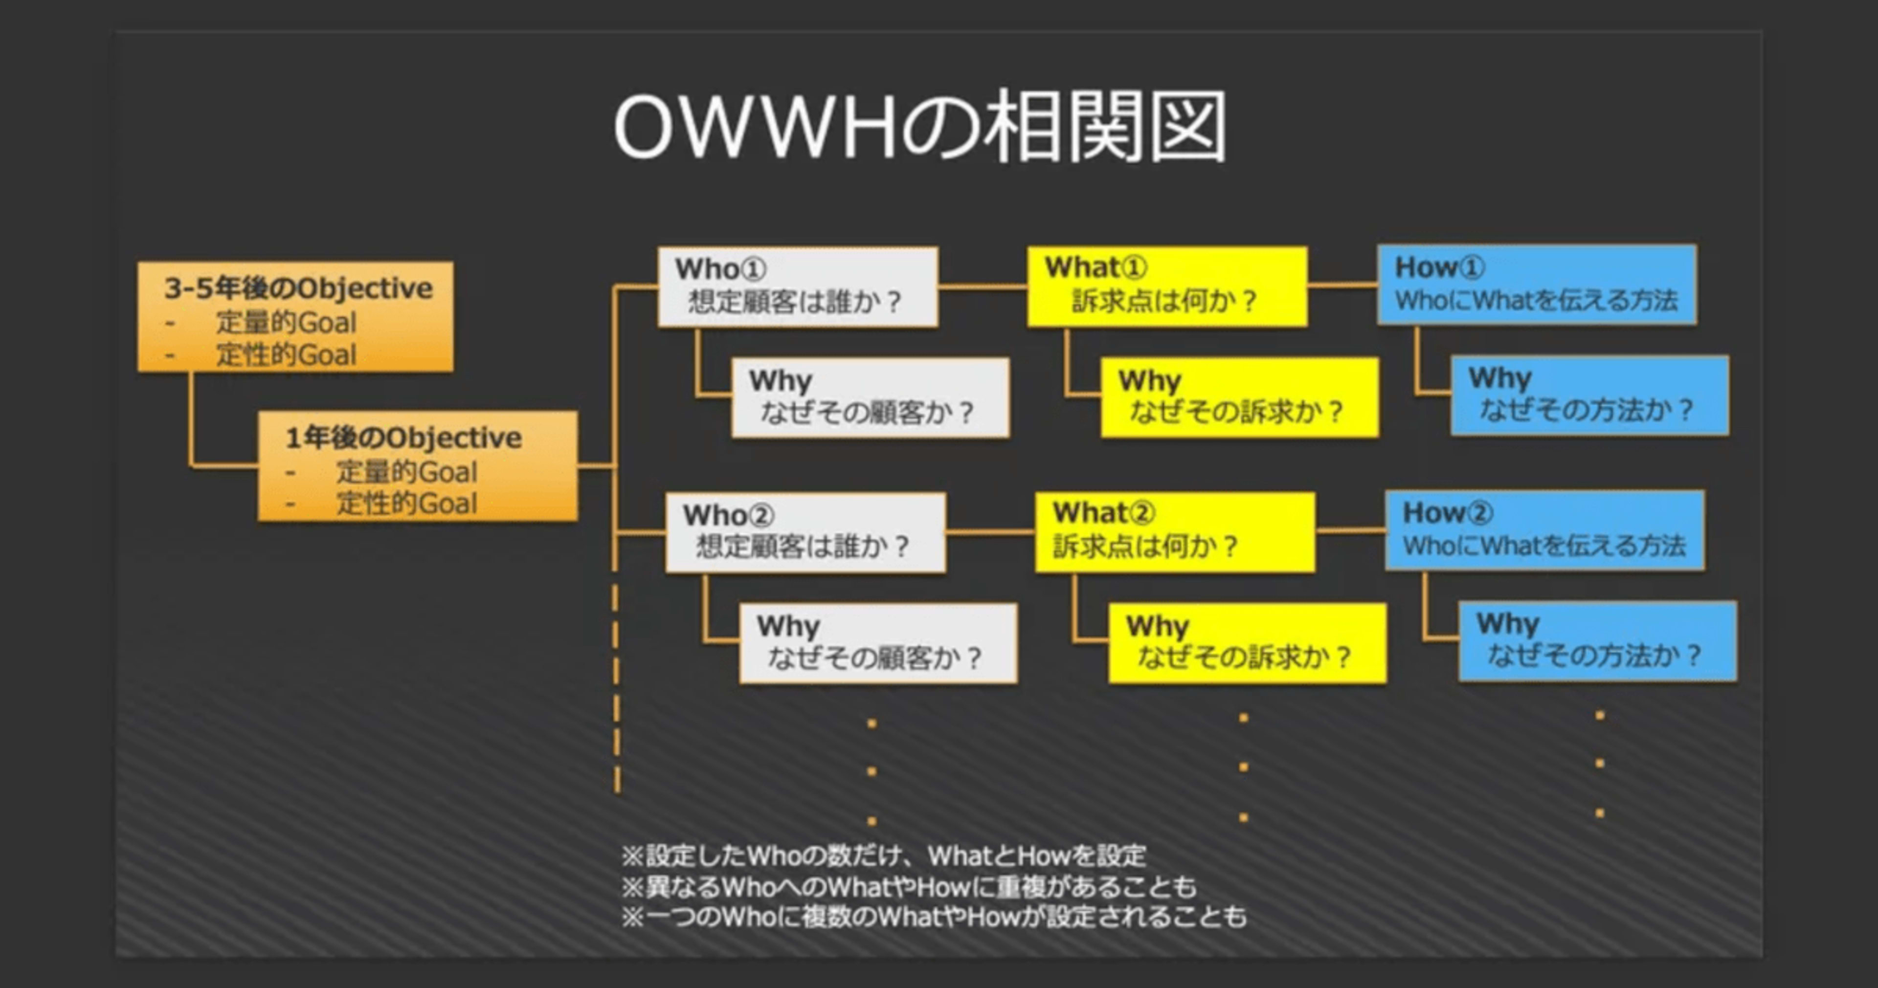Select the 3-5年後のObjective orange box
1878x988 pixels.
coord(295,317)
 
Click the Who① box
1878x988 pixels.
coord(798,287)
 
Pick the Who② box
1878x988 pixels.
coord(805,532)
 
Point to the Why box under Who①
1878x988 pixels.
coord(871,397)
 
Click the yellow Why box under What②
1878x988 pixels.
coord(1248,643)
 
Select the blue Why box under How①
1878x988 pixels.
coord(1590,395)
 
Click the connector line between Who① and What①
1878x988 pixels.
coord(983,287)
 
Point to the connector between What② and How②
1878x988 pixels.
coord(1351,530)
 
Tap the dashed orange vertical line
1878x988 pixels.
coord(617,688)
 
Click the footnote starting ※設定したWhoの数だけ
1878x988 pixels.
coord(884,856)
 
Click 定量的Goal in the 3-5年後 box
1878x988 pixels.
coord(286,323)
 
